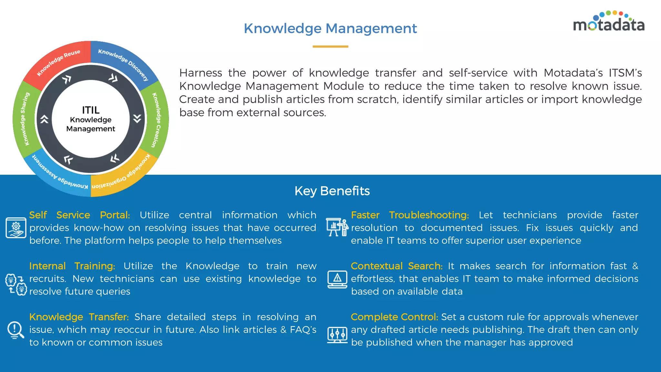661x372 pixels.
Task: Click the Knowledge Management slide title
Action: click(330, 28)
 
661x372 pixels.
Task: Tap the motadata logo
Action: click(609, 22)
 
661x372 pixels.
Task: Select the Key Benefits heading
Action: click(332, 191)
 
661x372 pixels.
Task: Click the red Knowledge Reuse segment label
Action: click(58, 62)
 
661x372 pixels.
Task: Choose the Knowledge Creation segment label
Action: click(156, 120)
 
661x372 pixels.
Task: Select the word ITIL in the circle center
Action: click(91, 110)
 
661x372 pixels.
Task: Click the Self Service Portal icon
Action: click(16, 228)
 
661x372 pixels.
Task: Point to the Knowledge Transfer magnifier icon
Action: click(15, 330)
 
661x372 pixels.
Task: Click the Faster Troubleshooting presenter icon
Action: click(337, 227)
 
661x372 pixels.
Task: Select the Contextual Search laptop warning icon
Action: click(337, 279)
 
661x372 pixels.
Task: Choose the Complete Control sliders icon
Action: click(337, 335)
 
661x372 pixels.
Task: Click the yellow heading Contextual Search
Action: click(396, 266)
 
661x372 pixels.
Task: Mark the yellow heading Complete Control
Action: click(394, 317)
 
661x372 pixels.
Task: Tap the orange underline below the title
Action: click(330, 46)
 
